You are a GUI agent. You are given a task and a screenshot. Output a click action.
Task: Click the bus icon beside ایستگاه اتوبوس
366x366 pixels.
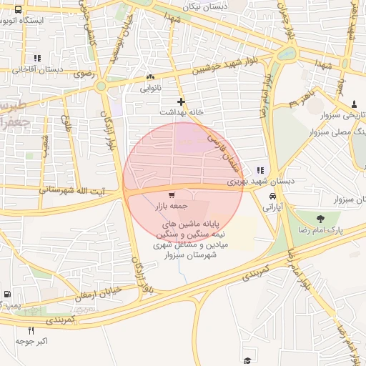19,10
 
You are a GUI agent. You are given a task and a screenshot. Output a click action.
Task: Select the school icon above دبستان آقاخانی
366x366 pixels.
37,58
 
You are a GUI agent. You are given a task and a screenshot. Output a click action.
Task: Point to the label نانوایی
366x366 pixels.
150,88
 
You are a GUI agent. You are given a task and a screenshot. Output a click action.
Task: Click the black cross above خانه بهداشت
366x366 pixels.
182,102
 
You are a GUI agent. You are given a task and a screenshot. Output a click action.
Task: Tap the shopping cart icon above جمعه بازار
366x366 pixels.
172,195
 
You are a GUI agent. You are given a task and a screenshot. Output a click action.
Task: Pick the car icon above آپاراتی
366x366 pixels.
272,196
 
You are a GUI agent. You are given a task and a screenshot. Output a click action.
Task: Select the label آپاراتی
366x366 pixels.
272,207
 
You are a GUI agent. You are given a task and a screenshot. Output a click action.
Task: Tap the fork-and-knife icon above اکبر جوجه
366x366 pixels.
31,330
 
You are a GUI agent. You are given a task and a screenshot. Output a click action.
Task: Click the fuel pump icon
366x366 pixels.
7,294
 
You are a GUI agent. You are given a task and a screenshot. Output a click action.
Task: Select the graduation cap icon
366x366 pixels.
247,360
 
